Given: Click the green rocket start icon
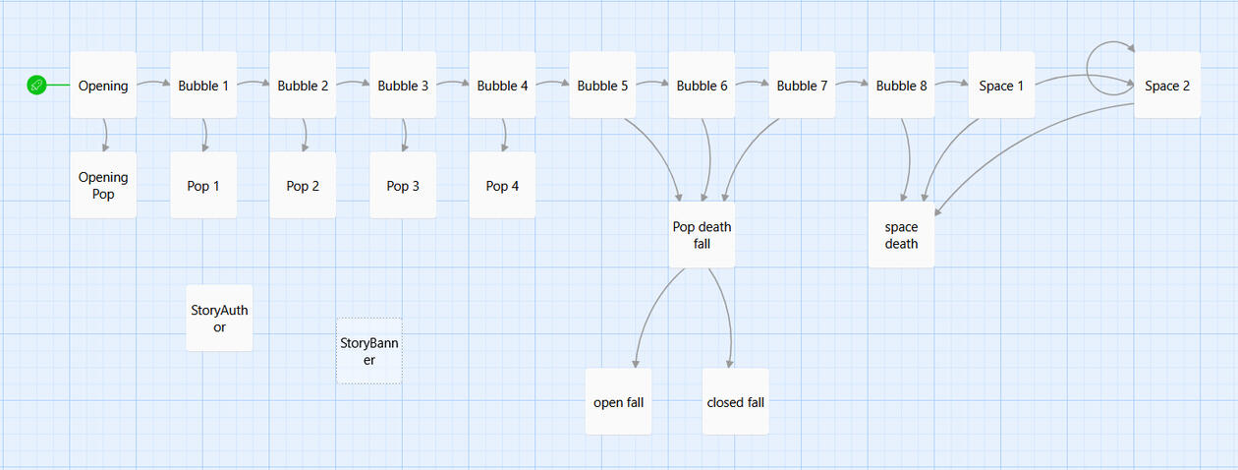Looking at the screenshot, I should [x=36, y=86].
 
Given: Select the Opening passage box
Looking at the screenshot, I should [x=103, y=86].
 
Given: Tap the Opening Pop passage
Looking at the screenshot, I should [x=103, y=185].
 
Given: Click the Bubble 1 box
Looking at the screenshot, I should [x=203, y=86].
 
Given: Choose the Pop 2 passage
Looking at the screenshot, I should [x=303, y=185].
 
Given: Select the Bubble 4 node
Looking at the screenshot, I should [x=502, y=86].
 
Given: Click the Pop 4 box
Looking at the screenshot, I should [x=502, y=185].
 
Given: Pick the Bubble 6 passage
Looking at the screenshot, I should [x=702, y=86].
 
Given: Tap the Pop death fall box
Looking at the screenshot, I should [x=702, y=234].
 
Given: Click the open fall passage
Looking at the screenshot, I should [x=618, y=401].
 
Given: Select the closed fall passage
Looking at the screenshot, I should [x=735, y=401].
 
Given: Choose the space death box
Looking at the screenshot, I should [x=901, y=234].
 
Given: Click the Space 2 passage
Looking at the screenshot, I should [x=1166, y=86].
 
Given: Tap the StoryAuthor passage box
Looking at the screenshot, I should [x=219, y=318].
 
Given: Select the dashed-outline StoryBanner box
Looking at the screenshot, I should [x=369, y=351].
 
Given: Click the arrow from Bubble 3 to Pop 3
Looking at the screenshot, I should [x=405, y=135].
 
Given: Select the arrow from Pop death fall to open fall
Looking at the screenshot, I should [x=648, y=315].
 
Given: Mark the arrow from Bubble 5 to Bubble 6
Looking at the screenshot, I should [x=651, y=84].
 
